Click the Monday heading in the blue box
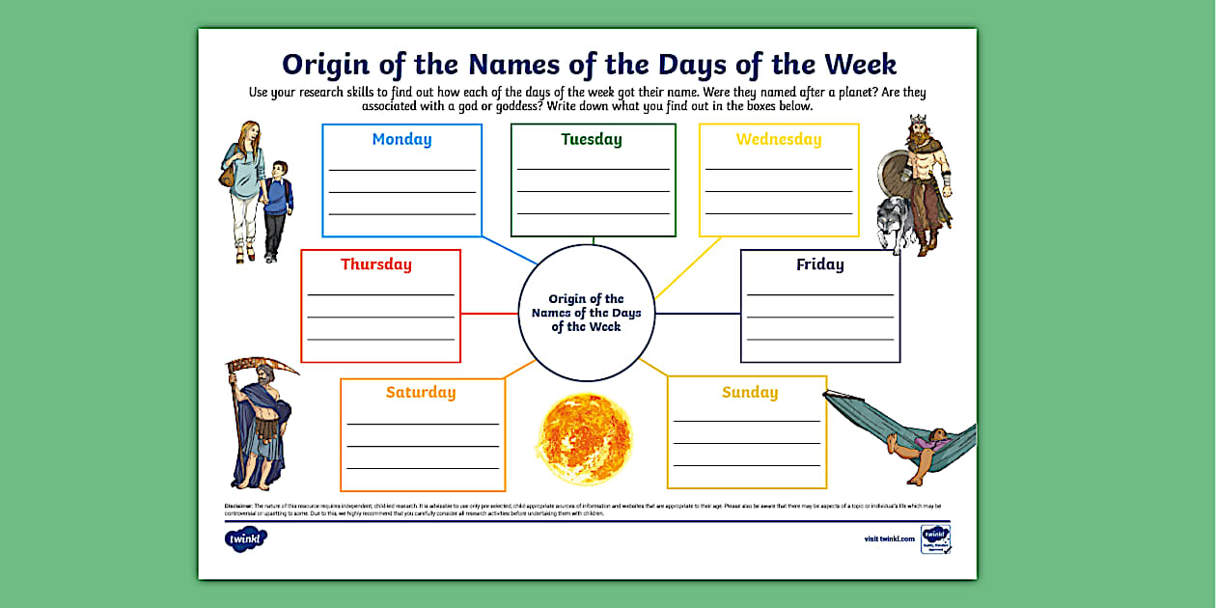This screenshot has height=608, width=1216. pos(401,139)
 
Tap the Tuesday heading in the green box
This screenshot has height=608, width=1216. pos(592,139)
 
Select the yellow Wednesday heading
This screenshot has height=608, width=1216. pos(779,139)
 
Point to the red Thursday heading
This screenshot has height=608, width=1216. pos(376,264)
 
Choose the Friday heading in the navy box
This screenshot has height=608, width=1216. pos(820,264)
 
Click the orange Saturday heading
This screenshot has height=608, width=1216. pos(421,392)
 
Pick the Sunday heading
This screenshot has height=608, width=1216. pos(750,392)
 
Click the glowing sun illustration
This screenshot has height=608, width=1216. pos(585,437)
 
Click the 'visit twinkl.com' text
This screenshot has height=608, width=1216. pos(889,539)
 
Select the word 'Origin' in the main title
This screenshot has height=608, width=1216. pos(327,65)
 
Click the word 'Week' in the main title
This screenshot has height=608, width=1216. pos(860,65)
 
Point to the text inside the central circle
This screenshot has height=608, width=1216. pos(587,313)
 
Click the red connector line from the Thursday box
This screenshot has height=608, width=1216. pos(489,314)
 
